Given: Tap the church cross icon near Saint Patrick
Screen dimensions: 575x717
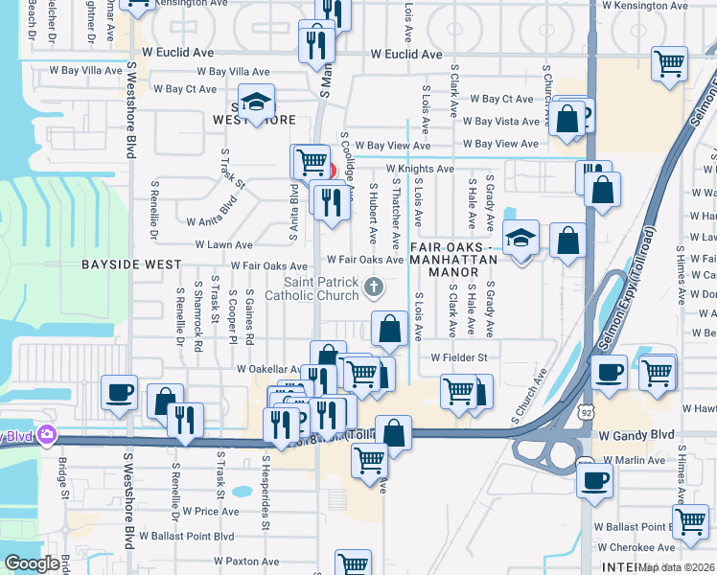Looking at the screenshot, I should [x=375, y=286].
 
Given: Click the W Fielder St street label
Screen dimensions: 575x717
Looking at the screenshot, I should [x=459, y=357].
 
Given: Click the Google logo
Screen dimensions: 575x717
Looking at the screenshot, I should [x=32, y=563].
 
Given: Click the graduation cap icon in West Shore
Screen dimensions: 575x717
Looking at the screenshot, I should [x=256, y=102].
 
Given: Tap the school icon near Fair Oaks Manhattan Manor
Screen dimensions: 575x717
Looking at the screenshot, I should [x=520, y=237].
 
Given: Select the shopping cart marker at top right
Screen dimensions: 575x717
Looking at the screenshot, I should [x=669, y=63].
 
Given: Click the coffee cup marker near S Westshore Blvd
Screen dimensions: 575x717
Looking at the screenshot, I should [x=119, y=391].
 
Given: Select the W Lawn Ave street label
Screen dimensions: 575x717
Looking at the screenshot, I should [x=224, y=244].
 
